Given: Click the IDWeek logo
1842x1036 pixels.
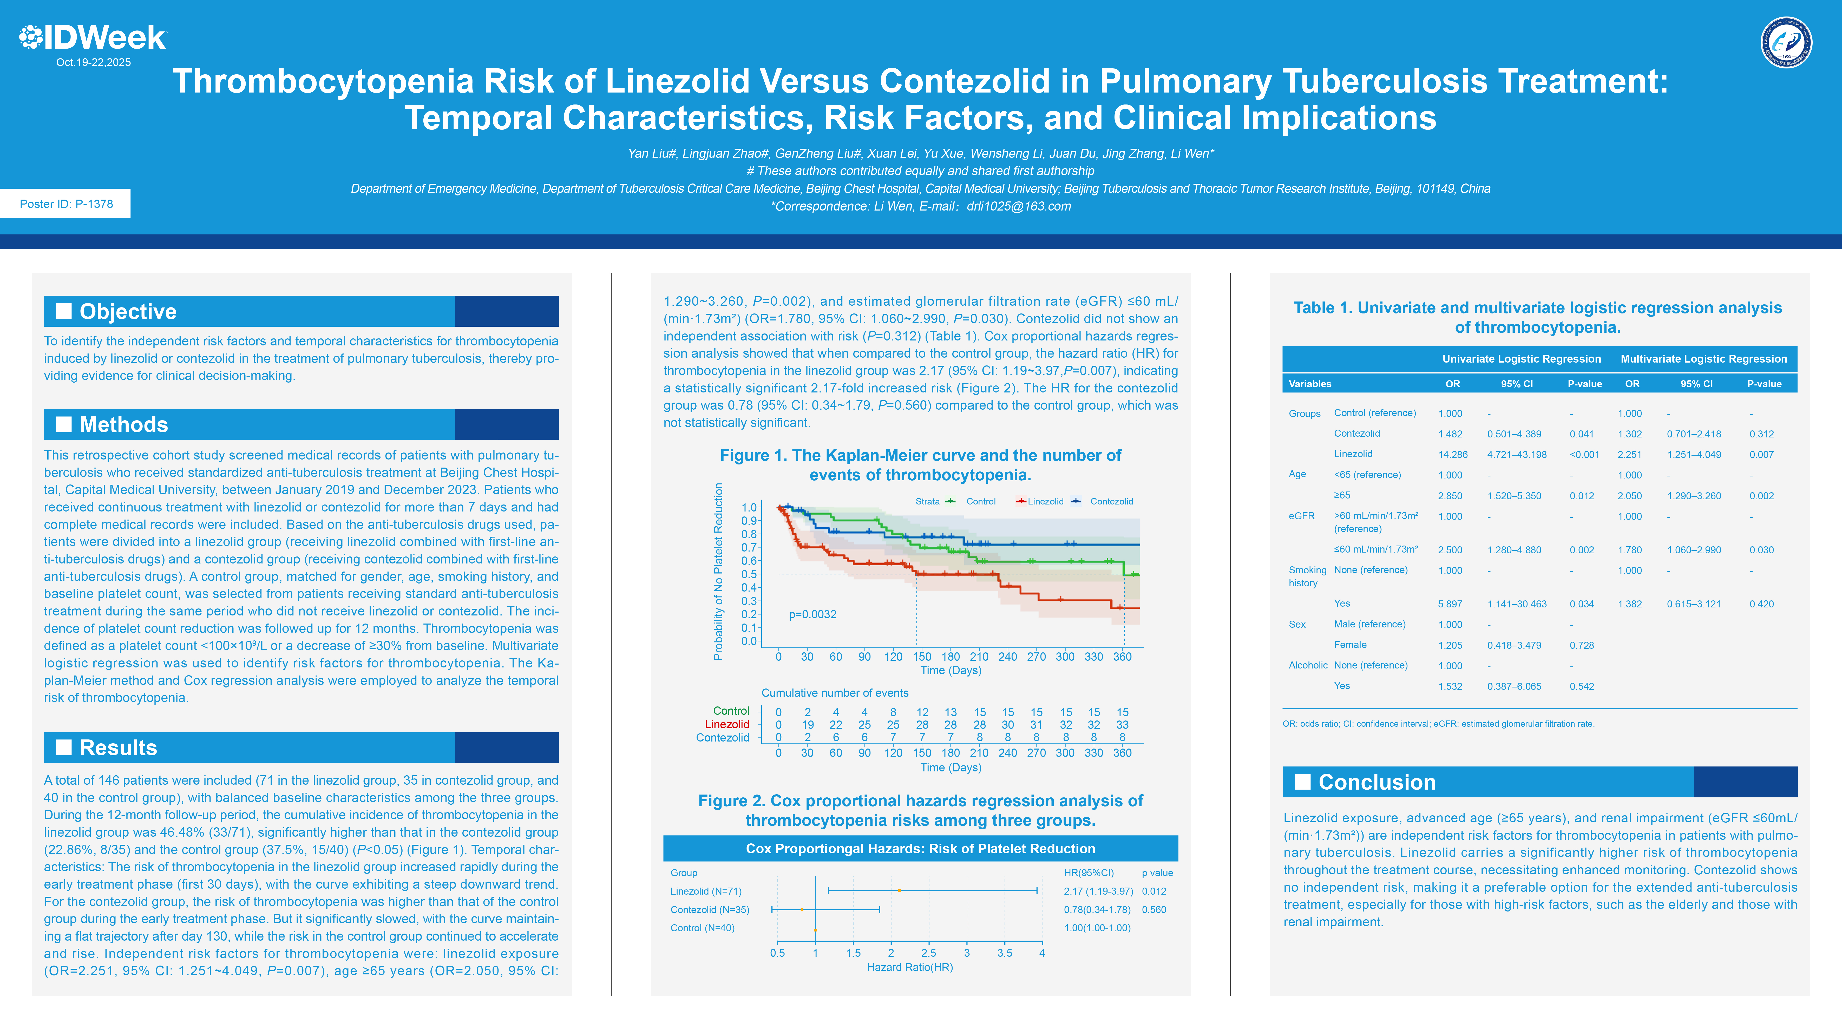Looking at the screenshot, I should pyautogui.click(x=93, y=37).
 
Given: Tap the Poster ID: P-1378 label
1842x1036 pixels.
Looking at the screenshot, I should pyautogui.click(x=66, y=204).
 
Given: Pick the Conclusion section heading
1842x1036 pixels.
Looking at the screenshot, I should pyautogui.click(x=1376, y=782).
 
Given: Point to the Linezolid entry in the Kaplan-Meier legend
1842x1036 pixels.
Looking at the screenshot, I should pyautogui.click(x=1045, y=501).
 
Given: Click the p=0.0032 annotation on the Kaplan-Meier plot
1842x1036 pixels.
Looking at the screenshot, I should pyautogui.click(x=812, y=614).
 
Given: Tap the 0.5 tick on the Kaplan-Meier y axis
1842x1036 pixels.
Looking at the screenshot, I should pyautogui.click(x=749, y=574).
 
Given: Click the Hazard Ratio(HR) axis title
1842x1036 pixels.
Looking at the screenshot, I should pyautogui.click(x=909, y=967).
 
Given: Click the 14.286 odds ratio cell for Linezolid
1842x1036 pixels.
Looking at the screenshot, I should pyautogui.click(x=1452, y=455).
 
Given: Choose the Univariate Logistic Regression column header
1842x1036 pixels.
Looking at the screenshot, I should pyautogui.click(x=1521, y=359).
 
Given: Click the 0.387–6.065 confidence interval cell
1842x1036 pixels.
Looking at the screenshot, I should pyautogui.click(x=1514, y=686).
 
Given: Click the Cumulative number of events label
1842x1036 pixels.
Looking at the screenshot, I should pyautogui.click(x=835, y=693).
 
